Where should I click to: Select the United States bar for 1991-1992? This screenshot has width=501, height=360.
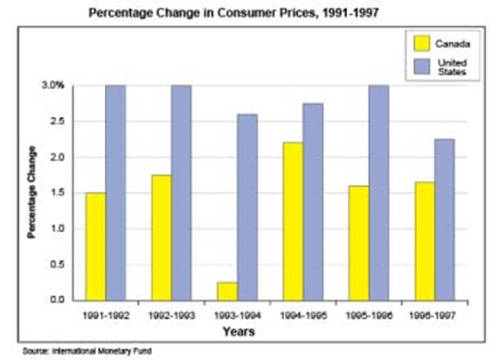(115, 192)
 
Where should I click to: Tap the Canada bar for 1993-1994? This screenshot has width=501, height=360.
(205, 291)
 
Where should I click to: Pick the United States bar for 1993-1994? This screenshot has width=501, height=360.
(225, 207)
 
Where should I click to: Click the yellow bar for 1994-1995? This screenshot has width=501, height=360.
(291, 221)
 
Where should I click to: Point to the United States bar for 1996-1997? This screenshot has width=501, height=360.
(445, 219)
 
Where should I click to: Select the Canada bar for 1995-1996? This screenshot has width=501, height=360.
(358, 242)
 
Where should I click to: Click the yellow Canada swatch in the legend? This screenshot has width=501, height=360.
(422, 43)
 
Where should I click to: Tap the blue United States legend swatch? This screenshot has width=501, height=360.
(422, 66)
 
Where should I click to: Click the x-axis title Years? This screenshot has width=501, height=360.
(238, 332)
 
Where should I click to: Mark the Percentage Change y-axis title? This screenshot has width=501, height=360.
(32, 192)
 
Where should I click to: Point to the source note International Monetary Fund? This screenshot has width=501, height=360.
(111, 350)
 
